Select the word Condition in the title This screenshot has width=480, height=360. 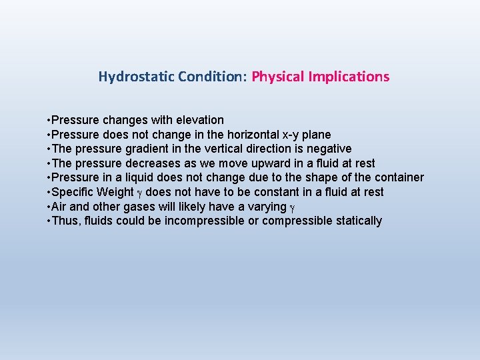[x=211, y=77]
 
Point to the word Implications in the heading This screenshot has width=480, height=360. [x=349, y=77]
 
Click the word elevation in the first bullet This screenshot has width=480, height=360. [x=200, y=120]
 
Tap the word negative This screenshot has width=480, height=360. [x=326, y=149]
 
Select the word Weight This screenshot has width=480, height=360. [x=115, y=192]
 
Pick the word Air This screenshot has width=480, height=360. [x=59, y=207]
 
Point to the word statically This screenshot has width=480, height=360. [x=357, y=221]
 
